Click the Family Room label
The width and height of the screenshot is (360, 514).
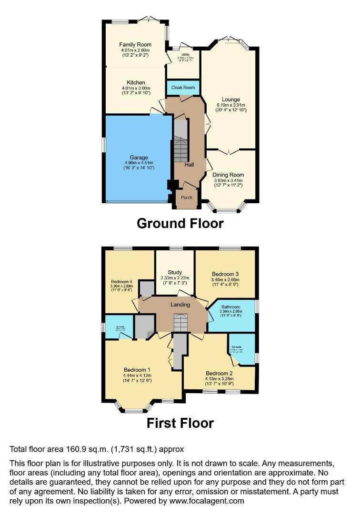click(x=135, y=45)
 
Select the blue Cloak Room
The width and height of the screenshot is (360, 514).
click(x=183, y=88)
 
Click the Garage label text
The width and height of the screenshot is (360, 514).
click(x=139, y=158)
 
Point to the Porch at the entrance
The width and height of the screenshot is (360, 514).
click(x=187, y=199)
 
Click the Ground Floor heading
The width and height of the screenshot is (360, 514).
click(x=180, y=223)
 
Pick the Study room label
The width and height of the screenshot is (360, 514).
click(x=175, y=272)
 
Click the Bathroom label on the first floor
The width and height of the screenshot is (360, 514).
click(x=230, y=307)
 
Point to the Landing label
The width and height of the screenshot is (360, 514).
click(x=180, y=305)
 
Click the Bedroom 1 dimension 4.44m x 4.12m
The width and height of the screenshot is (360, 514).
click(x=137, y=376)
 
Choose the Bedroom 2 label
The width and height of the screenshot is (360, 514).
click(x=219, y=373)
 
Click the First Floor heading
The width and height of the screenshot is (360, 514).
click(x=180, y=423)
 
